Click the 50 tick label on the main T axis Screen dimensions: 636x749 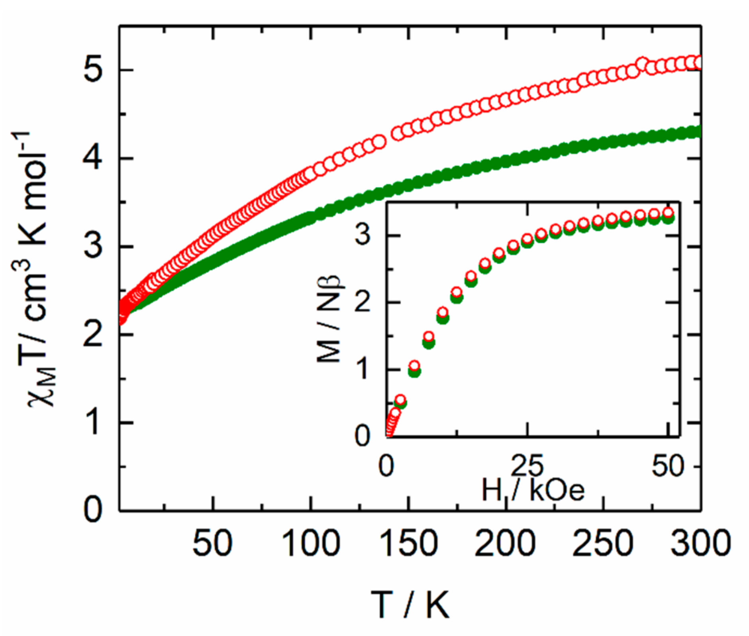click(212, 544)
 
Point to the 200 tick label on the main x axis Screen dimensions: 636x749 click(505, 544)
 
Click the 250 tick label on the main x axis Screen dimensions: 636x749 click(603, 544)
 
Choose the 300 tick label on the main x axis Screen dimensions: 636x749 click(700, 544)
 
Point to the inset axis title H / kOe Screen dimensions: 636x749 click(533, 490)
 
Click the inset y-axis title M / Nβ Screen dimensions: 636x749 click(330, 319)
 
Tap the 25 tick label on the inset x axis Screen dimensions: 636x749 click(527, 466)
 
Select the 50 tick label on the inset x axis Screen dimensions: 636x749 click(668, 466)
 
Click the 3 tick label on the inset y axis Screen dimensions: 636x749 click(363, 235)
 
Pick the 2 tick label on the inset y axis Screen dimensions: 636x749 click(363, 303)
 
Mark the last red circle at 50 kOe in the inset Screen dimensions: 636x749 click(669, 212)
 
